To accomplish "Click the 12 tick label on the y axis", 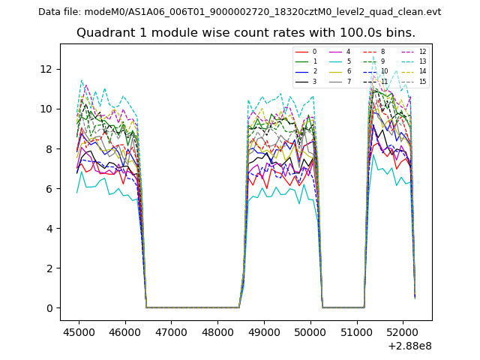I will tap(46, 69).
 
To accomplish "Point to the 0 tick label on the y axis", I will tap(49, 308).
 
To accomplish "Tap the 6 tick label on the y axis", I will tap(49, 189).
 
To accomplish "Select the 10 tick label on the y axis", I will tap(46, 109).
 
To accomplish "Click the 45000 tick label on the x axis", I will tap(79, 331).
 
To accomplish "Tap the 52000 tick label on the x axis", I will tap(402, 331).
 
